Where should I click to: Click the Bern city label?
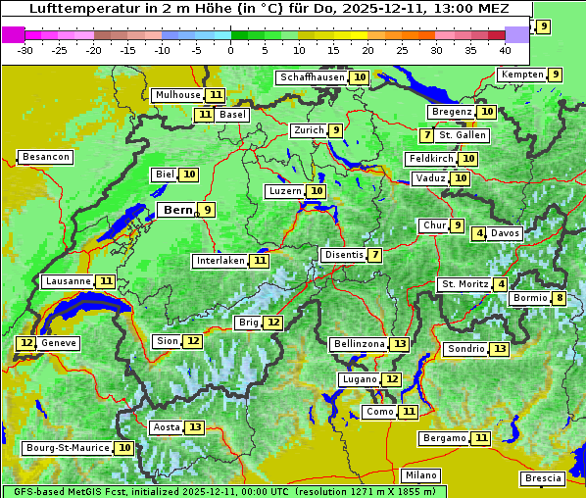point(177,210)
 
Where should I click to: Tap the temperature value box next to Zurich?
point(336,130)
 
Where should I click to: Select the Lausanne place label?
point(67,281)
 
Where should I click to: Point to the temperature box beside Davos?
point(479,233)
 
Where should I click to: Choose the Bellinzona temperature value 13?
point(399,344)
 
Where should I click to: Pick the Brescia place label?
point(543,478)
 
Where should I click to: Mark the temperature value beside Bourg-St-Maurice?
point(124,448)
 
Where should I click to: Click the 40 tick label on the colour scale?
point(505,50)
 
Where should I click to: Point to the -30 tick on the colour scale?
point(25,50)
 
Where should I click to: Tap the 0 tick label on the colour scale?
point(230,50)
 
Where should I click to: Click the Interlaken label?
point(220,261)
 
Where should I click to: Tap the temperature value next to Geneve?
point(25,343)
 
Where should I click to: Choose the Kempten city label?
point(520,75)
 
